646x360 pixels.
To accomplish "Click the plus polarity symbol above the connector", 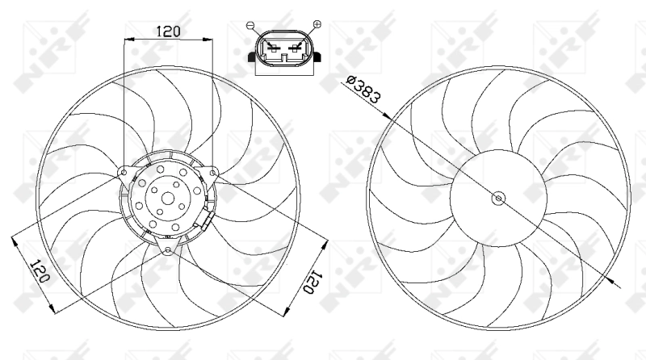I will pyautogui.click(x=316, y=25).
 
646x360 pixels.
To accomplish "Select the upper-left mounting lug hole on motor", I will pyautogui.click(x=124, y=171).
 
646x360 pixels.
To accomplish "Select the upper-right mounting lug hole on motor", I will pyautogui.click(x=213, y=171).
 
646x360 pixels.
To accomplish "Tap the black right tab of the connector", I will pyautogui.click(x=321, y=57).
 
